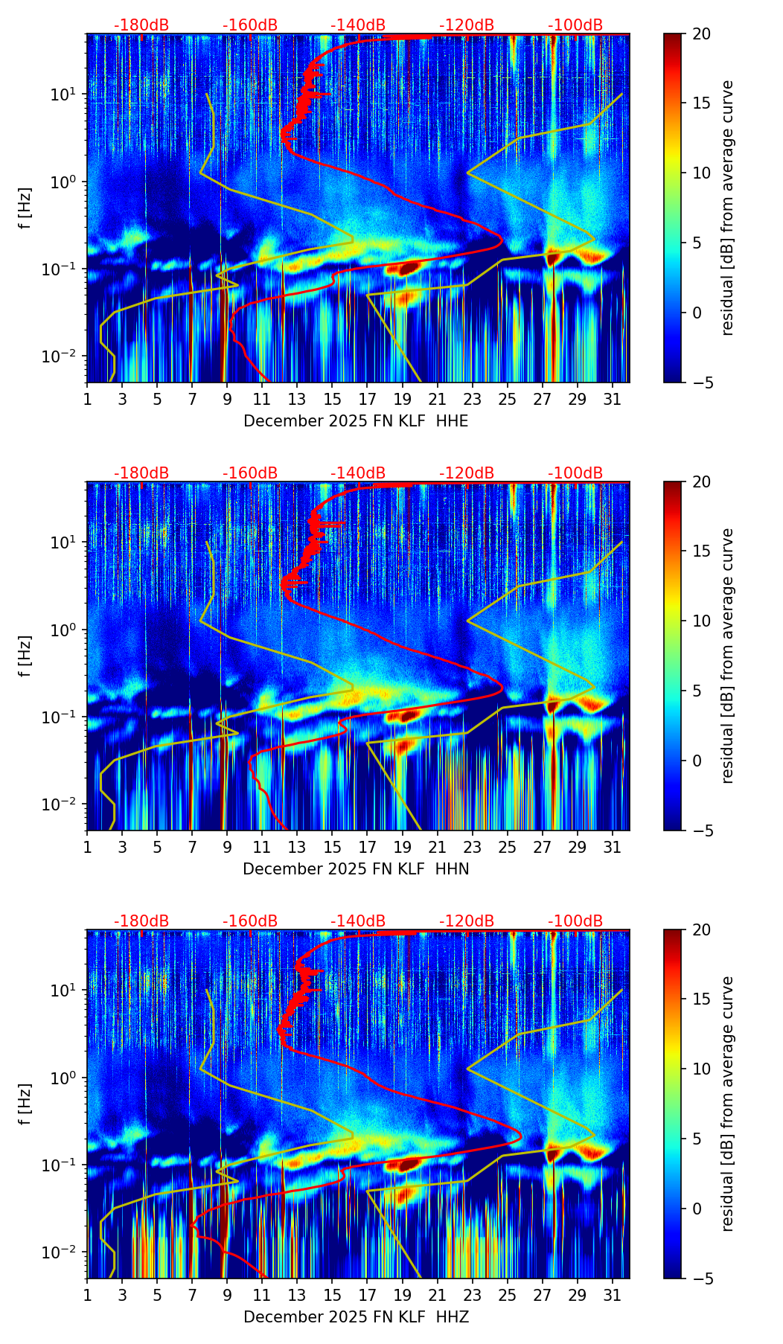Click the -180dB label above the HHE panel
(x=141, y=25)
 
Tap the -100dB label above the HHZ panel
(x=575, y=921)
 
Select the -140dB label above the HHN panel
(x=358, y=473)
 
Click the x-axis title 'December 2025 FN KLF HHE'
(x=356, y=421)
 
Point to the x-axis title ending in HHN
(x=356, y=869)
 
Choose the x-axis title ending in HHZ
(x=356, y=1317)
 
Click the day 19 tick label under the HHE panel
(x=402, y=399)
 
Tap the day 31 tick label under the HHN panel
(x=612, y=847)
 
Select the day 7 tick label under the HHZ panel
(x=192, y=1295)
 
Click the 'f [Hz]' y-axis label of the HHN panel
(x=25, y=656)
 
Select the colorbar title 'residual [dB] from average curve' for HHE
(x=727, y=208)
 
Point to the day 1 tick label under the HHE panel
(x=87, y=399)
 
